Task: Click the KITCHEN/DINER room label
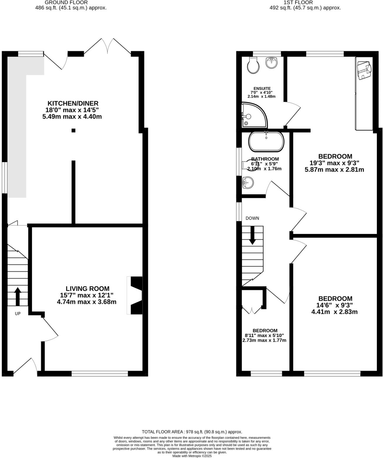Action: (x=73, y=103)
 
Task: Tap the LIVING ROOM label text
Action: (x=87, y=289)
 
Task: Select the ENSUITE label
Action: (x=262, y=88)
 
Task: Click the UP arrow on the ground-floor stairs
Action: (x=18, y=296)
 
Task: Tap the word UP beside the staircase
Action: (x=18, y=314)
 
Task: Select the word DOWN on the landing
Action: (x=252, y=218)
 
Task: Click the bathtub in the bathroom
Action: (x=266, y=142)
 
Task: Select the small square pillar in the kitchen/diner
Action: (x=73, y=130)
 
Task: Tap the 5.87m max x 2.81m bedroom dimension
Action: (x=335, y=169)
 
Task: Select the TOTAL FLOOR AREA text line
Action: (x=192, y=432)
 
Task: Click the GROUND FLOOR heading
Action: (x=66, y=2)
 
